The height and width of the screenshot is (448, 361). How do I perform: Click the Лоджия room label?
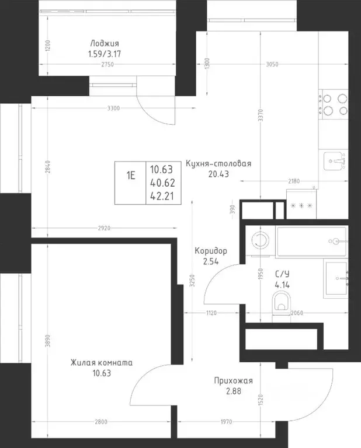105,43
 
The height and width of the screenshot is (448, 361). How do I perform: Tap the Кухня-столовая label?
218,164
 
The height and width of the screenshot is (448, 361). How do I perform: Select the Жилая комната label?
102,363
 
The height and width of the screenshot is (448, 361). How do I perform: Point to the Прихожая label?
234,380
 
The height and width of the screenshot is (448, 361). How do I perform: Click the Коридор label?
211,251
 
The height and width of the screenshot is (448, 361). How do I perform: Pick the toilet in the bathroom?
282,303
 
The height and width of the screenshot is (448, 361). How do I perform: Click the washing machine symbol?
261,240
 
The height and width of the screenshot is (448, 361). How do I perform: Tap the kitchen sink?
335,161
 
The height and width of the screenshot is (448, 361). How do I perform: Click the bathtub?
312,242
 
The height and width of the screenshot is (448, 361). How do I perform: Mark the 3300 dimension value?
113,108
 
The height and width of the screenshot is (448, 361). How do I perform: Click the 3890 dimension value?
48,341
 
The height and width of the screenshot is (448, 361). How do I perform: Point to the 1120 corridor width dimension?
211,313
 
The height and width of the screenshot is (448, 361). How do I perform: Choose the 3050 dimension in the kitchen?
272,64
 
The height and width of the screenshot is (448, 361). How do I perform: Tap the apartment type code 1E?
131,176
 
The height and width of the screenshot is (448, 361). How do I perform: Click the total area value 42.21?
162,196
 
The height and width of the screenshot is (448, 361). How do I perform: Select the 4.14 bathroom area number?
282,285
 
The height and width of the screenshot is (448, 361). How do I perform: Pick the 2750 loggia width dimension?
107,64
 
